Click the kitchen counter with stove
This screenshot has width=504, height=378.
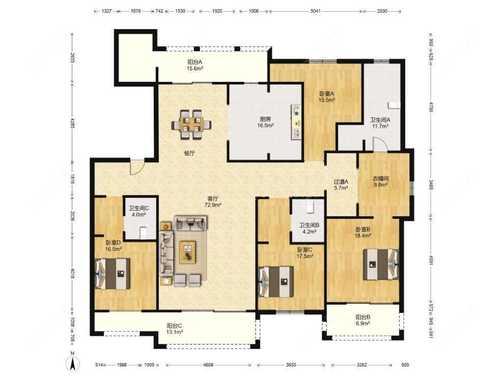[296, 122]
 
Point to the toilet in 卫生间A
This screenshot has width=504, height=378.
[393, 105]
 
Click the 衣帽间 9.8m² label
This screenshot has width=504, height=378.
[380, 182]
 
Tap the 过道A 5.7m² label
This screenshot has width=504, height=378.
[341, 185]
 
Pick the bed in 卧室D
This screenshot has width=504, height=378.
[113, 274]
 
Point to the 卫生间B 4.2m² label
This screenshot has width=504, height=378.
[309, 228]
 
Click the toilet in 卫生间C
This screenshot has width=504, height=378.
[143, 233]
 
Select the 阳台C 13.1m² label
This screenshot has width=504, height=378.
[175, 328]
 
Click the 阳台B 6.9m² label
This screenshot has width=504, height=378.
[363, 320]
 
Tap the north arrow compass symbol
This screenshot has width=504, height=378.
[72, 363]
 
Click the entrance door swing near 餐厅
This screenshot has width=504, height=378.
[136, 166]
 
